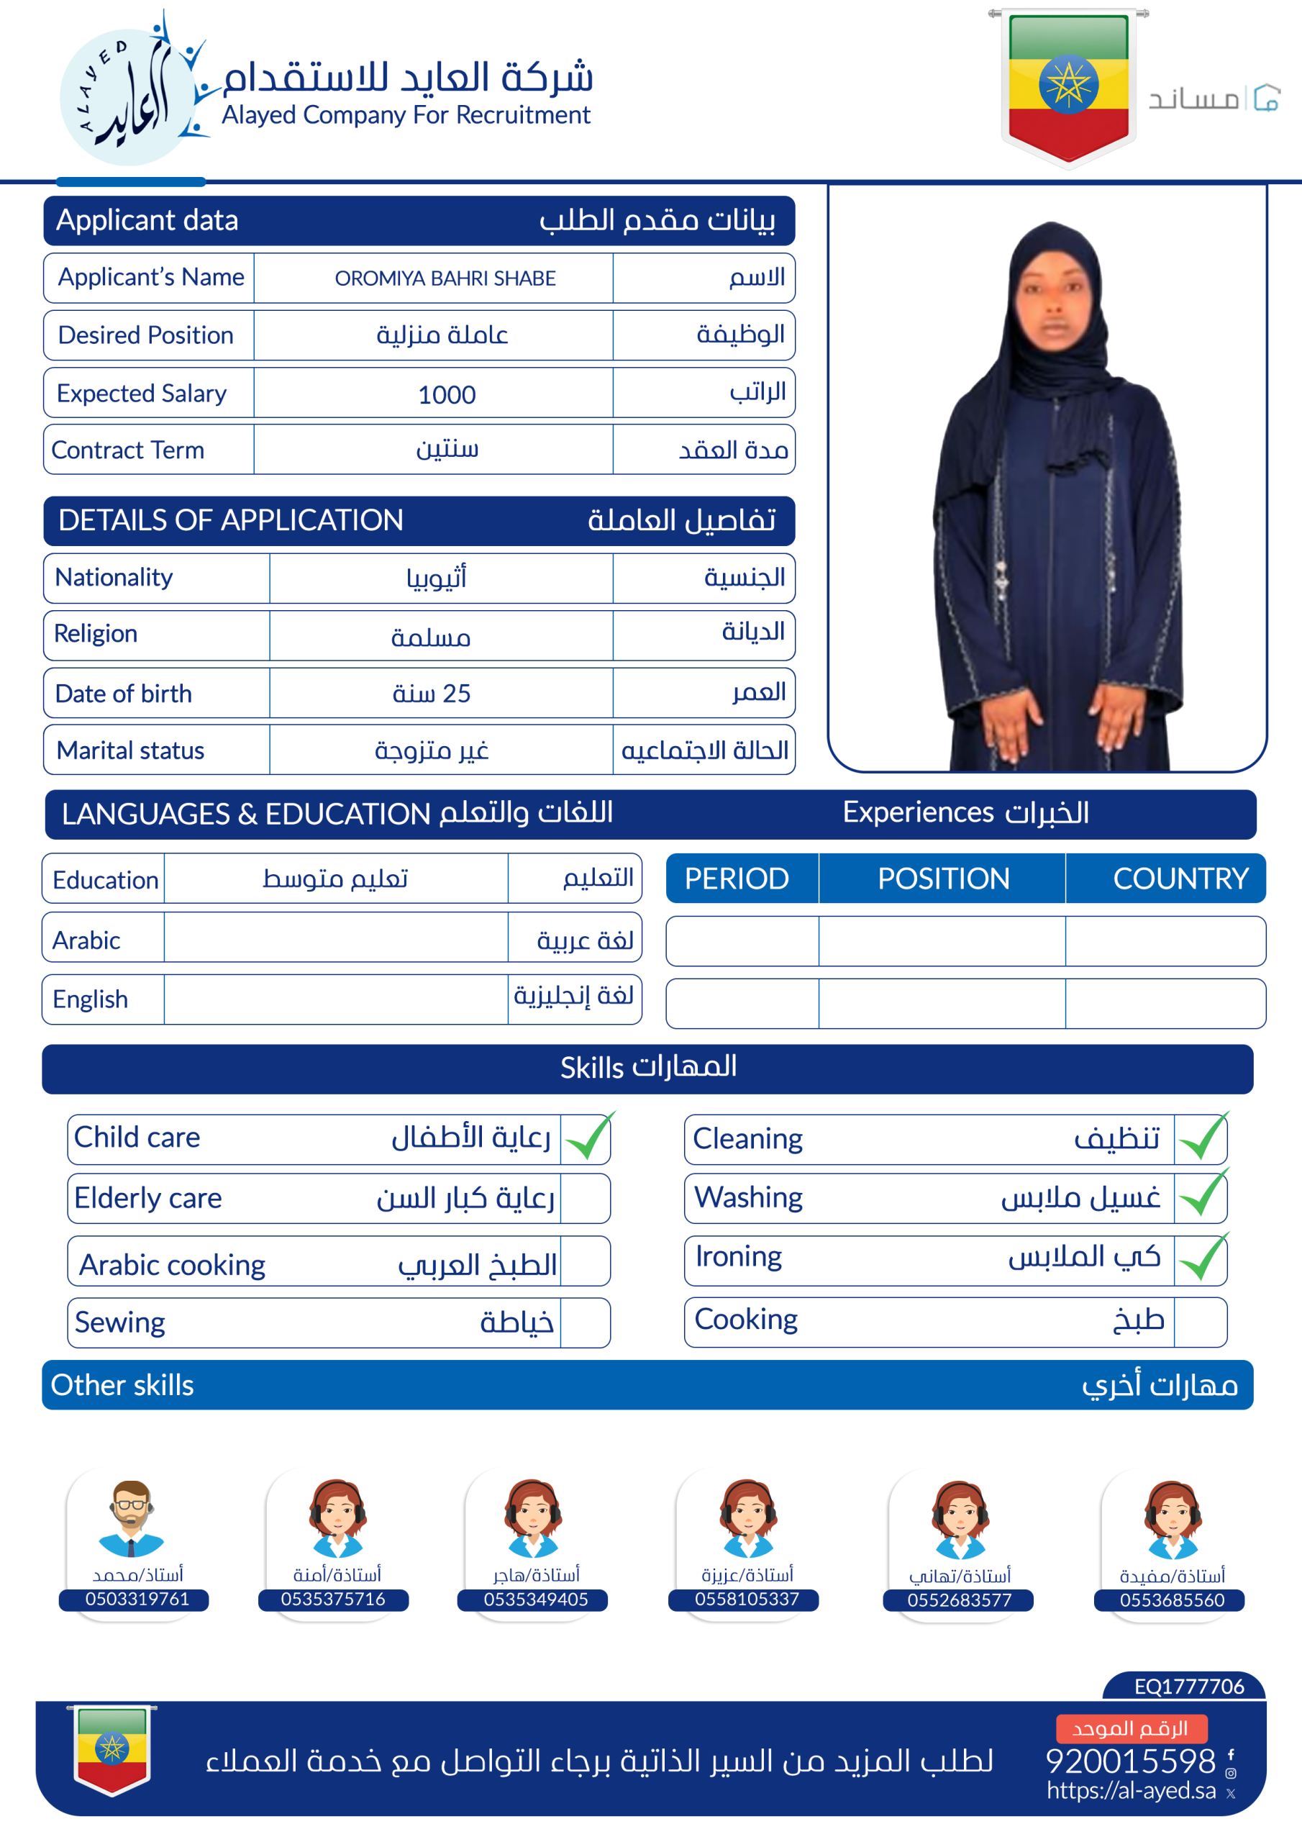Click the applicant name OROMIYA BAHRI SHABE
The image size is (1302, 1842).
tap(445, 278)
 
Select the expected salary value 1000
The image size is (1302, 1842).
tap(447, 395)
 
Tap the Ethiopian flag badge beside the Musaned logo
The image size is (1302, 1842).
tap(1068, 86)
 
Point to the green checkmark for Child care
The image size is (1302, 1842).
tap(588, 1138)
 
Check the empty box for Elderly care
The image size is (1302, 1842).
tap(585, 1199)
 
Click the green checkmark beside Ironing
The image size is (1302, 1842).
tap(1203, 1258)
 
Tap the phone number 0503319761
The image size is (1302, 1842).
tap(137, 1599)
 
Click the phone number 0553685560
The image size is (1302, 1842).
tap(1172, 1600)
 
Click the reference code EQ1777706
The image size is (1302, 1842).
tap(1189, 1687)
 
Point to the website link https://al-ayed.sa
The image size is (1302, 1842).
tap(1131, 1791)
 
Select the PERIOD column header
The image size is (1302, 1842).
tap(737, 879)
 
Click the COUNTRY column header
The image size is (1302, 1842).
tap(1180, 879)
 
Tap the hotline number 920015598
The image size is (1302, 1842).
tap(1130, 1761)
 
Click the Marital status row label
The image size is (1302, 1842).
tap(131, 750)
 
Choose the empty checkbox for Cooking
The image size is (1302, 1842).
tap(1200, 1321)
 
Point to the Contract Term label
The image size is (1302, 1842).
tap(128, 450)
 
